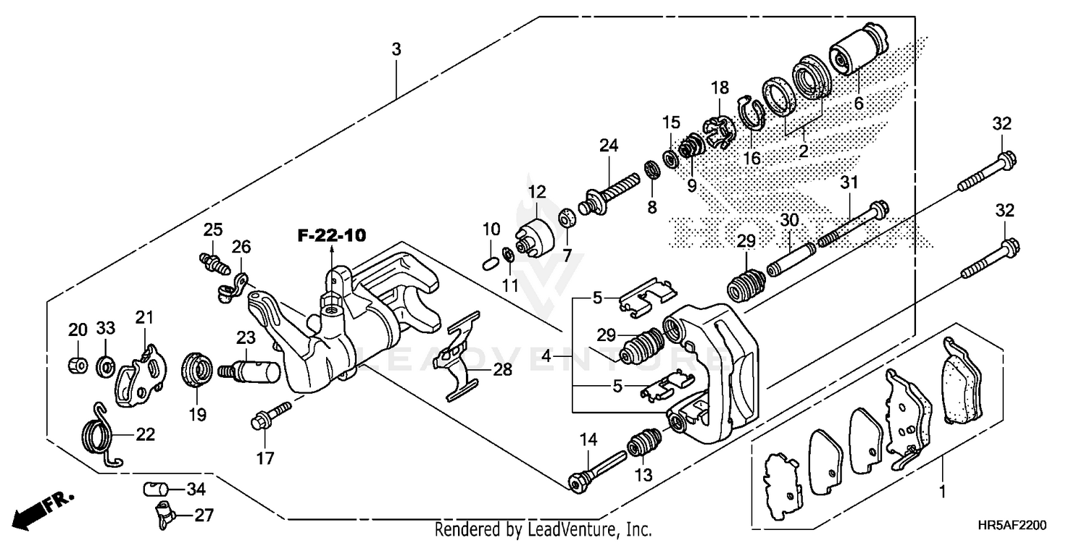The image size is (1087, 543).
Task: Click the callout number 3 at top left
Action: [x=396, y=50]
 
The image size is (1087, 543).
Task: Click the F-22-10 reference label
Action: [x=331, y=235]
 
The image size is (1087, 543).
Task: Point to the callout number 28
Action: [x=501, y=370]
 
